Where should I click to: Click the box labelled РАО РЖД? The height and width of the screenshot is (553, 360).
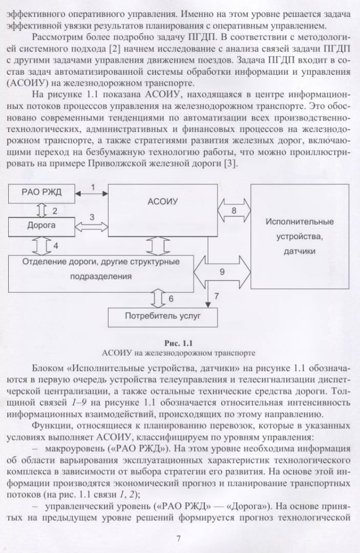pos(41,193)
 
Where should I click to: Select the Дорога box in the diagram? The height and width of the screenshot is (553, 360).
pos(41,226)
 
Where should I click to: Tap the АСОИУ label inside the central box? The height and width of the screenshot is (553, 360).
pos(162,202)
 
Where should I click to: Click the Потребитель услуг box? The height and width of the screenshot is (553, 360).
pos(162,317)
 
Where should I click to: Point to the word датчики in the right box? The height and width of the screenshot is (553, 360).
pos(300,251)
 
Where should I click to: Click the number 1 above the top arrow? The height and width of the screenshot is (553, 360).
pos(93,187)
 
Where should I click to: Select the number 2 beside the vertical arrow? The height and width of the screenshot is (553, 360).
pos(55,211)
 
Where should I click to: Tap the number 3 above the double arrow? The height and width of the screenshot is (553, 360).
pos(92,217)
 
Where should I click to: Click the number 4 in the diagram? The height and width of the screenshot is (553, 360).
pos(56,246)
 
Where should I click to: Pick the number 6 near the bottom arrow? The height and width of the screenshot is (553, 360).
pos(171,299)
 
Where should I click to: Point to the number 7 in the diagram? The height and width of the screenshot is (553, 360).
pos(217,296)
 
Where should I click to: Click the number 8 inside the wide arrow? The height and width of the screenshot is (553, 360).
pos(234,211)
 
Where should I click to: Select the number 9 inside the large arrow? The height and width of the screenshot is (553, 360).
pos(222,272)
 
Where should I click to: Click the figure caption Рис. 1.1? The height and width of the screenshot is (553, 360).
pos(179,343)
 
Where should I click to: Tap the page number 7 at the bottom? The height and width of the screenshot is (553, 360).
pos(178,539)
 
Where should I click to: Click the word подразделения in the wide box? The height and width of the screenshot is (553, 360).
pos(101,276)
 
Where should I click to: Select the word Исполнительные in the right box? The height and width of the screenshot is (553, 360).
pos(300,222)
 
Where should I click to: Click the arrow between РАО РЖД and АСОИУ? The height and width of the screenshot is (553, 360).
pos(92,193)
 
